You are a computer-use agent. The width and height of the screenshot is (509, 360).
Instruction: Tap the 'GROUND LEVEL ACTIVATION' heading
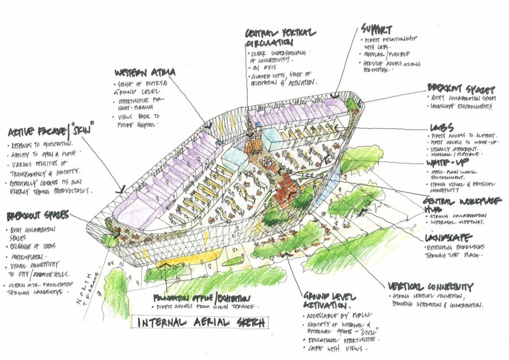328,299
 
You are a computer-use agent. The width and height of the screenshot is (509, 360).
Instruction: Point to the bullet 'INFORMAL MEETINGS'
453,222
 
